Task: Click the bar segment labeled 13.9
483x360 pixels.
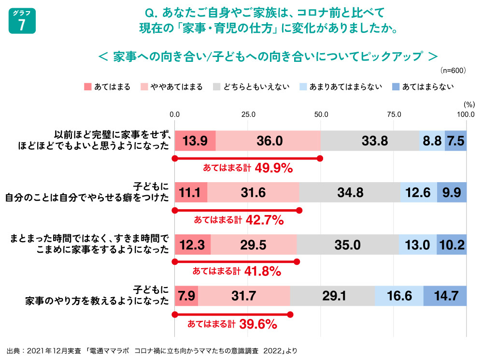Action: coord(195,141)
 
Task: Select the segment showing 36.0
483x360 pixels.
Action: coord(268,141)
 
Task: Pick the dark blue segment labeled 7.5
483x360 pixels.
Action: coord(455,141)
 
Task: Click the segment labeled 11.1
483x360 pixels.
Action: coord(191,192)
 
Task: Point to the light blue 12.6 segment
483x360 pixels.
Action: coord(419,192)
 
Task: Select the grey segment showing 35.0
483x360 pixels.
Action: coord(348,245)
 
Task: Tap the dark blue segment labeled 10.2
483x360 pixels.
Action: coord(452,245)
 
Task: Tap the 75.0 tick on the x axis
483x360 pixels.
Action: coord(394,115)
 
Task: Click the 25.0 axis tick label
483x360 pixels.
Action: coord(248,115)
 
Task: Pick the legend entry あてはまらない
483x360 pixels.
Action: coord(422,87)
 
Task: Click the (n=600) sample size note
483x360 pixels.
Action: coord(453,71)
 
